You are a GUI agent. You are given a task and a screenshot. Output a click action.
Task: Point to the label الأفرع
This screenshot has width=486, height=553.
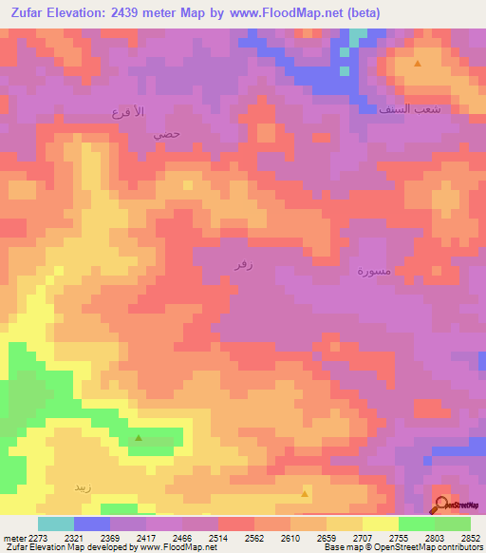tap(128, 112)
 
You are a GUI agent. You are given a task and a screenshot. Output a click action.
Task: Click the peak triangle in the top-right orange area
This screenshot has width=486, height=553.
tap(418, 64)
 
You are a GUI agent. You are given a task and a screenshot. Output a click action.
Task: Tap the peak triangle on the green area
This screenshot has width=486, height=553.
tap(139, 438)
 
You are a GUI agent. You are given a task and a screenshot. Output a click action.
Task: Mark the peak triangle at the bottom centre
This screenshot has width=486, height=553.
tap(305, 493)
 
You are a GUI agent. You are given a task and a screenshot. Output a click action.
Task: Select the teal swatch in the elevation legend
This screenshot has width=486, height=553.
tap(56, 524)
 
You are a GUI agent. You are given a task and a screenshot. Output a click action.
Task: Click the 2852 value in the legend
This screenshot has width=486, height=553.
tap(471, 537)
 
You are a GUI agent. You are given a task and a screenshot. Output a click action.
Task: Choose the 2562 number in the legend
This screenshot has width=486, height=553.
tap(255, 537)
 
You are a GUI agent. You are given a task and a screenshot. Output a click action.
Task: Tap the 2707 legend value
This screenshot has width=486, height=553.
tap(364, 537)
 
